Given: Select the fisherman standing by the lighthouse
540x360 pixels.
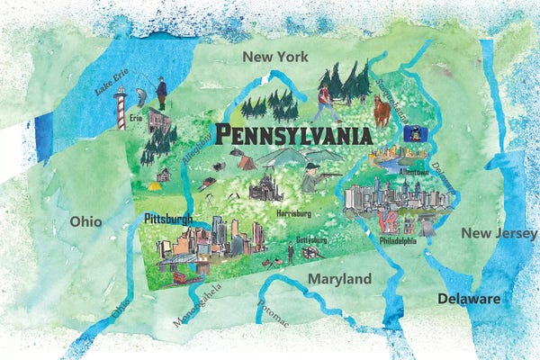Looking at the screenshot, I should point(162,93).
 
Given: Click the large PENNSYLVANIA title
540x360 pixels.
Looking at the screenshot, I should point(292,136).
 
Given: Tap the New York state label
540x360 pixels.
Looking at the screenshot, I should point(274,57).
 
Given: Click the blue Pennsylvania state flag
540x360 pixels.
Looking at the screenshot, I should point(417,133).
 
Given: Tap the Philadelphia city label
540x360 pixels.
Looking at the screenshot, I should point(399,241).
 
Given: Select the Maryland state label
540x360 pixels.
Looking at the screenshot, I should point(339,279).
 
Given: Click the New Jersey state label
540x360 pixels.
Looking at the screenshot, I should point(499,233).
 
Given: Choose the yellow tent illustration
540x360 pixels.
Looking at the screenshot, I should point(154,186).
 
